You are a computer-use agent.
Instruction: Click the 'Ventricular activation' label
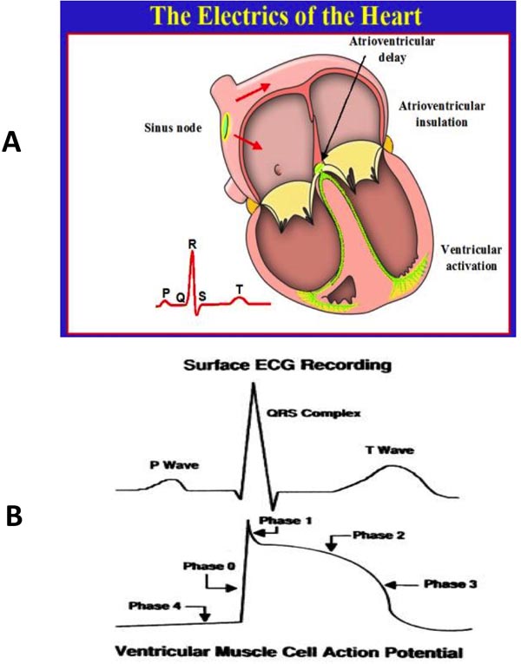point(469,257)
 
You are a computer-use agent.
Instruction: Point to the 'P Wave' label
point(170,465)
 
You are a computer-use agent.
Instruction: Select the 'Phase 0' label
point(204,565)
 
